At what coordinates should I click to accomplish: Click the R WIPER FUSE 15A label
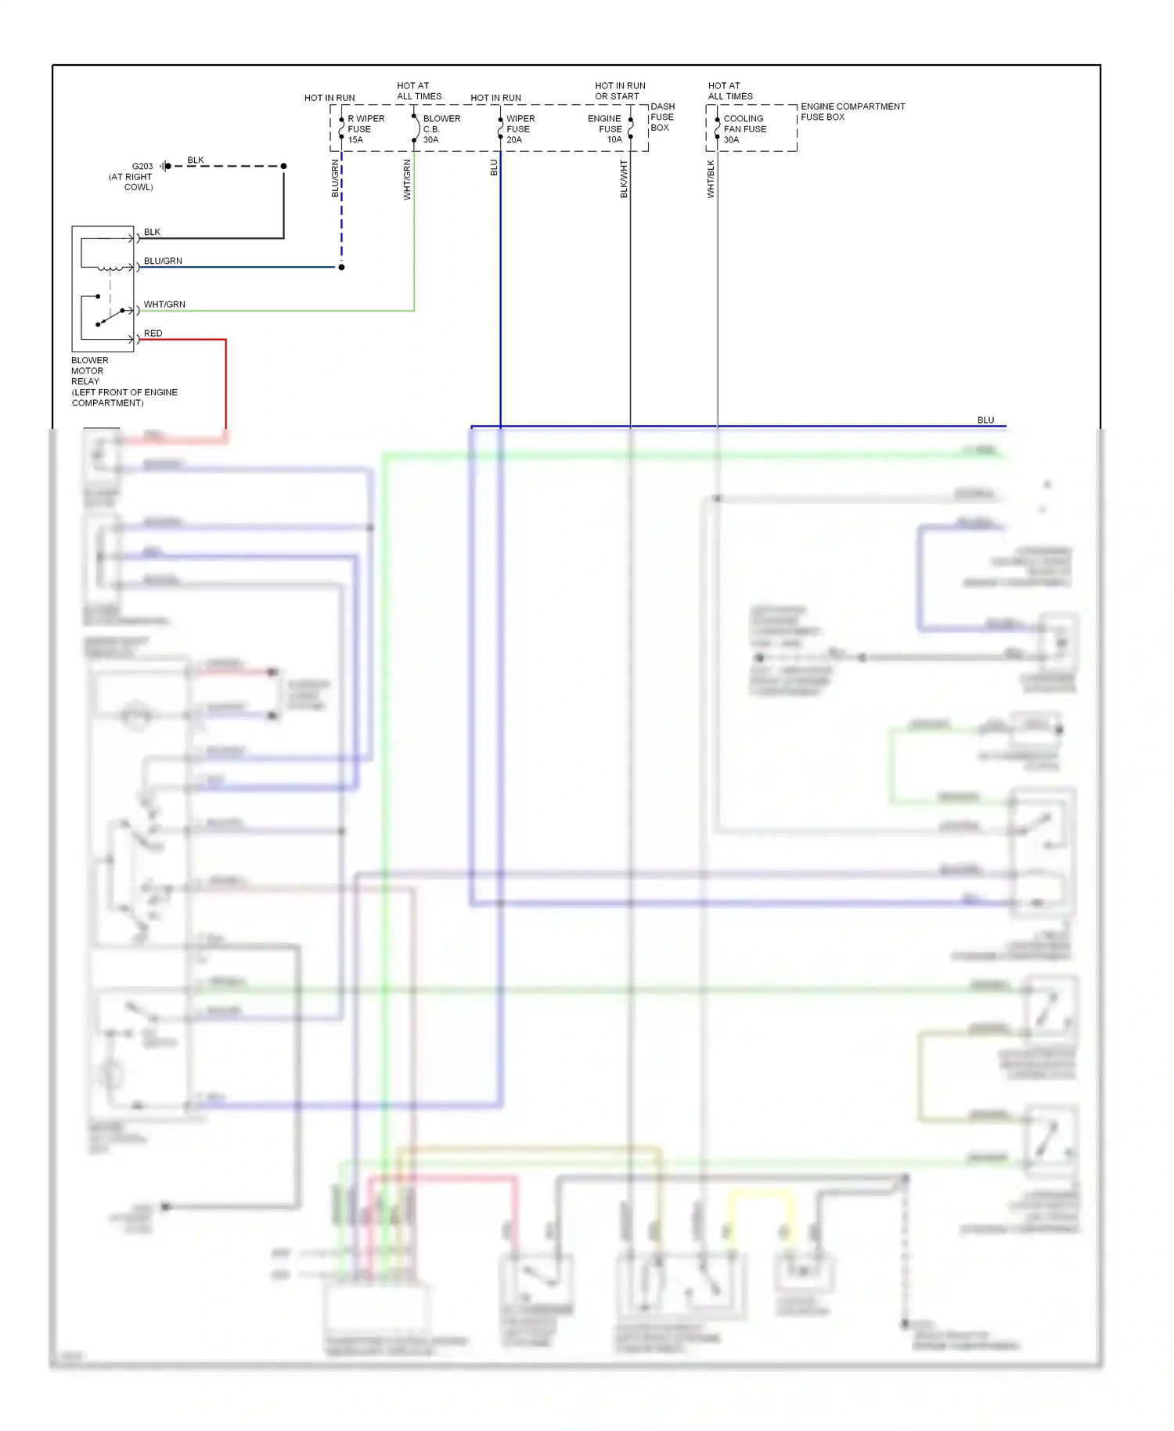pos(365,129)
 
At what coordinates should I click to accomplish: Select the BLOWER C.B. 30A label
pos(441,129)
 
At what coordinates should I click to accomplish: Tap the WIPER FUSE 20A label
pos(520,129)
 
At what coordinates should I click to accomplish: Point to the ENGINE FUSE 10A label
pos(605,129)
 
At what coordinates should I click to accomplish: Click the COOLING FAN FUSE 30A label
pos(744,129)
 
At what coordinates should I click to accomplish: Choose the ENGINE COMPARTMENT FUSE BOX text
pos(852,112)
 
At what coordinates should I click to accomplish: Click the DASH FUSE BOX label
pos(661,117)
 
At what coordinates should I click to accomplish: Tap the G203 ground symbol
pos(164,166)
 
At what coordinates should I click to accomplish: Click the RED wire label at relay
pos(153,333)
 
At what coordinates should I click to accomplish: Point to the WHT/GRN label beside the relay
pos(164,305)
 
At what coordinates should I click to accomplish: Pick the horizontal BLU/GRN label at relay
pos(163,261)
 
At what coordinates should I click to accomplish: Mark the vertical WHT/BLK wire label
pos(711,179)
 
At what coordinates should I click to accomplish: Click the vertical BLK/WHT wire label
pos(624,179)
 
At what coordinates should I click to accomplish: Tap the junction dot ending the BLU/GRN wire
pos(341,267)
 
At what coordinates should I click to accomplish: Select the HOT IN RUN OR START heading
pos(620,91)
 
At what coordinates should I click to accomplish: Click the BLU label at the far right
pos(985,420)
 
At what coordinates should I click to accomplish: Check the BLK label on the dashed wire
pos(196,160)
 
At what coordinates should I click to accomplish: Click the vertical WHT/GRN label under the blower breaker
pos(407,179)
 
